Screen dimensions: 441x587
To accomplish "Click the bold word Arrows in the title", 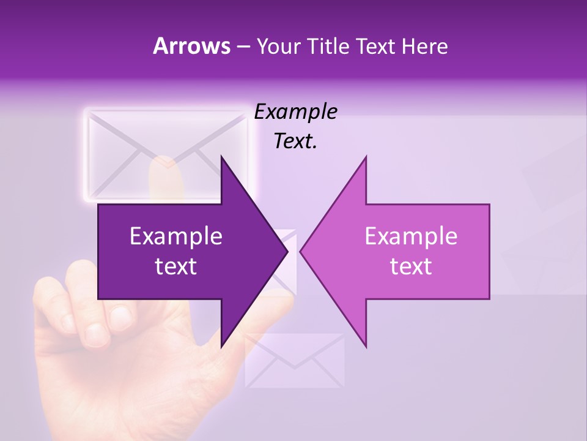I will (191, 46).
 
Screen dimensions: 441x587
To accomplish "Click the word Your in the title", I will (278, 47).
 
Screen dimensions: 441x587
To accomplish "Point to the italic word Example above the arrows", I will (295, 112).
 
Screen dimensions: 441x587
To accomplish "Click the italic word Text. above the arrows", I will (295, 141).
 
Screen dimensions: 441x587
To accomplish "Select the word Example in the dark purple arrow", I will (176, 236).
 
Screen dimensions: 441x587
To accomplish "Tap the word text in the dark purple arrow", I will (176, 266).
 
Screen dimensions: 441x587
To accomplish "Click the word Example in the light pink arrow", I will (411, 236).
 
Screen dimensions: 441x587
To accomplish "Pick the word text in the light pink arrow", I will (411, 266).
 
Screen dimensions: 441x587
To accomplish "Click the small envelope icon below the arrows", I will (295, 360).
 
